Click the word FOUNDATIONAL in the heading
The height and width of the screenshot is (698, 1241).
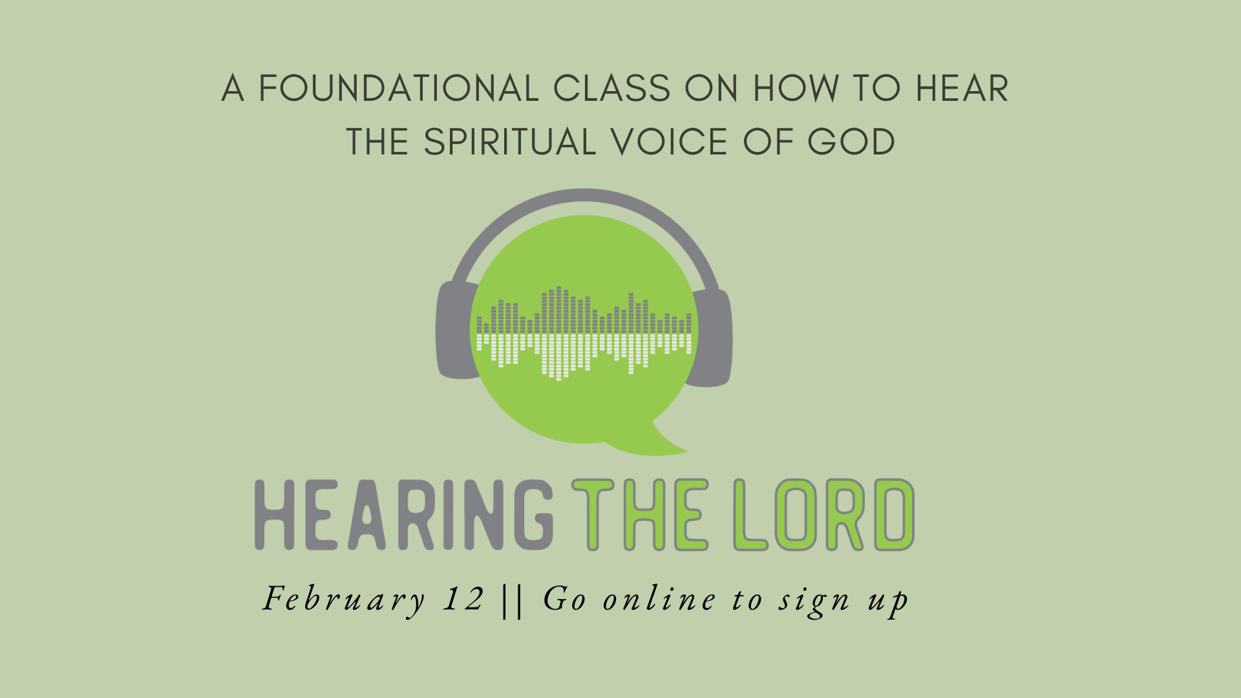[x=399, y=89]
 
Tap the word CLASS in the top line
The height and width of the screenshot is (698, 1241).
[x=612, y=89]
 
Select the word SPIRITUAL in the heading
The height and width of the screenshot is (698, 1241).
[x=509, y=142]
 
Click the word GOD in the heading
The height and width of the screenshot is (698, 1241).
[x=851, y=142]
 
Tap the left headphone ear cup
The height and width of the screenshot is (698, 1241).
[x=456, y=330]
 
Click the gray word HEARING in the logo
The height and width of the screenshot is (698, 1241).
[x=404, y=515]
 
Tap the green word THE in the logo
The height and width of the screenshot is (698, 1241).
[x=640, y=515]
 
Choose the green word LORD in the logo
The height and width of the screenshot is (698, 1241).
[x=824, y=515]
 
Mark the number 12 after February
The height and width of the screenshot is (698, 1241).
[x=464, y=599]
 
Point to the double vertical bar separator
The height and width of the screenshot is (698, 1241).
[x=513, y=600]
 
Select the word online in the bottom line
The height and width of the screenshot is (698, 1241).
[x=659, y=599]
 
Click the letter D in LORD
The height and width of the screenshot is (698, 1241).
[x=895, y=515]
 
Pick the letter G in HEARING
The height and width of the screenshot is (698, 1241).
[x=534, y=515]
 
